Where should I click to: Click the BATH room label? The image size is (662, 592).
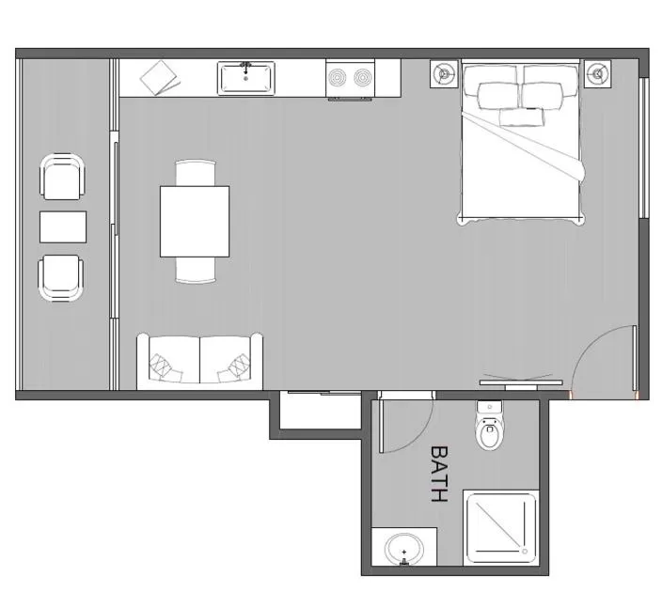coord(438,474)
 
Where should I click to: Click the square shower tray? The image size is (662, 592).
coord(502,527)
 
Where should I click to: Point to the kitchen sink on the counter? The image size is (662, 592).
coord(245,79)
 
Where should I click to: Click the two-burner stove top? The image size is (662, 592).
coord(349,79)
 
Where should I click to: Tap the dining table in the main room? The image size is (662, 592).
coord(195,221)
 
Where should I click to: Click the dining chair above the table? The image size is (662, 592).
coord(196,173)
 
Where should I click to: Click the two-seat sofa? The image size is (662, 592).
coord(200,361)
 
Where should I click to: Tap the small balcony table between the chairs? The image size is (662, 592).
coord(63,226)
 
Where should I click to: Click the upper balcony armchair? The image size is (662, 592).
coord(62,177)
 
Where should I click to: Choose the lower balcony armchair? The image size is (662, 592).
coord(60,277)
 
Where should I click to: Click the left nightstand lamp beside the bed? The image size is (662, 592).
coord(444,73)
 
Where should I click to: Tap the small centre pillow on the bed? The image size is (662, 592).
coord(521,117)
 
